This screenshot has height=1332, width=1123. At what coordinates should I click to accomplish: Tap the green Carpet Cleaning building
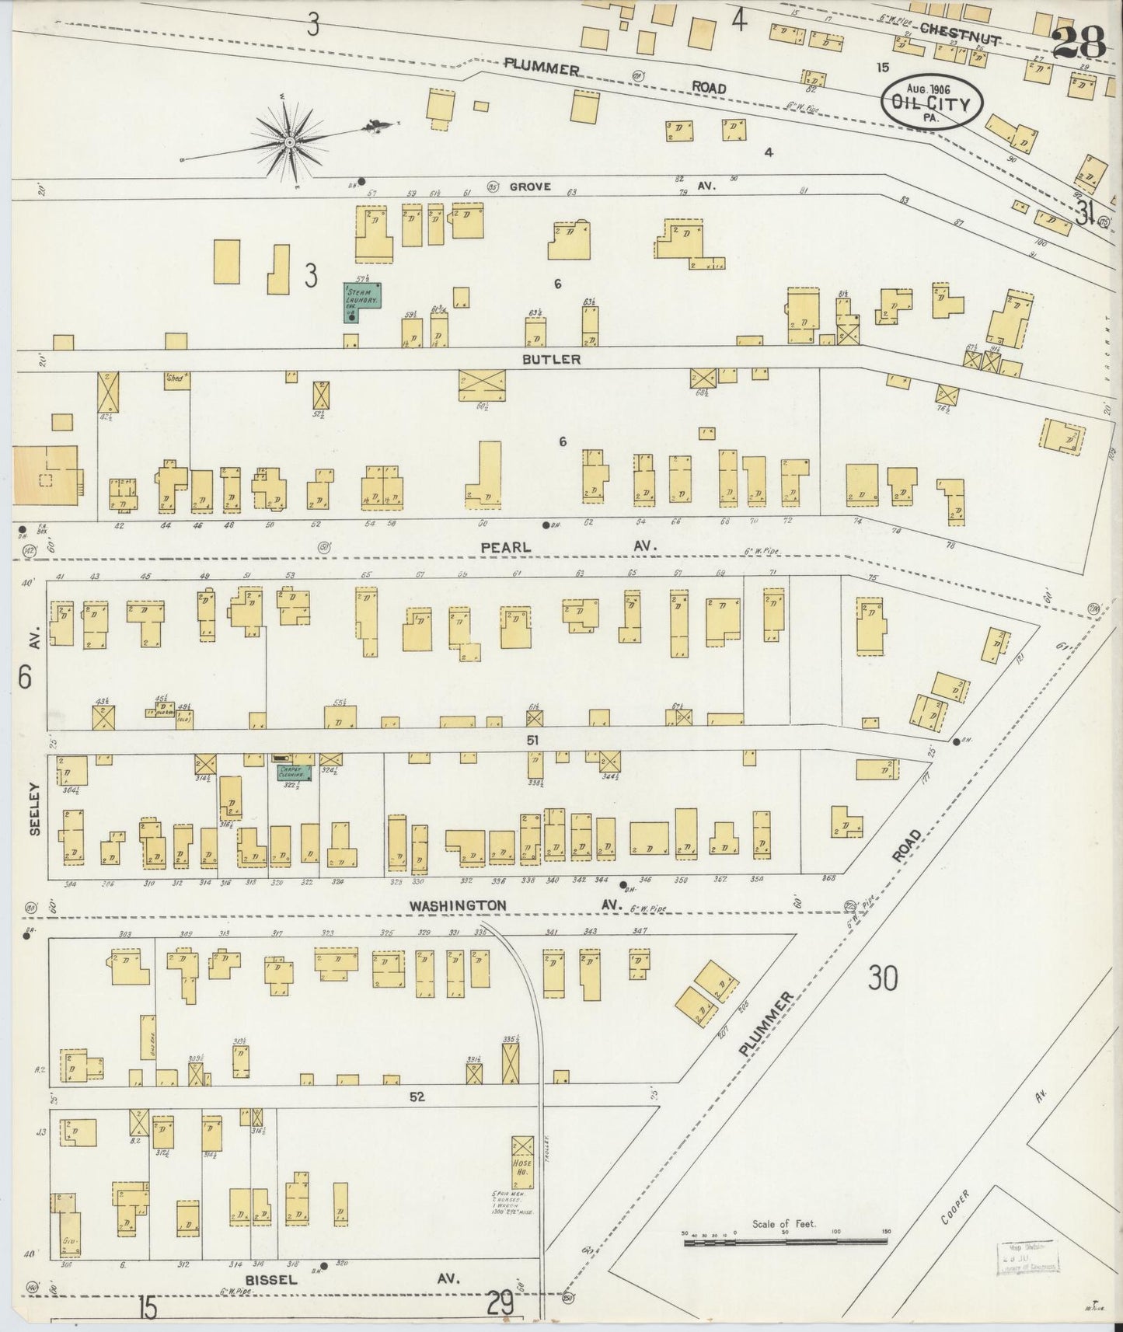pyautogui.click(x=295, y=772)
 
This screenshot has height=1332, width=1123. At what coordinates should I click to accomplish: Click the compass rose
pyautogui.click(x=289, y=142)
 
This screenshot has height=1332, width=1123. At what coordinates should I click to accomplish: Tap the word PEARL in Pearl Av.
pyautogui.click(x=505, y=547)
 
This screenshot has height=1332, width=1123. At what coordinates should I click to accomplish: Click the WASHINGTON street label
pyautogui.click(x=459, y=905)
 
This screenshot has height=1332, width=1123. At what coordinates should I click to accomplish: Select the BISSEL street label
pyautogui.click(x=272, y=1280)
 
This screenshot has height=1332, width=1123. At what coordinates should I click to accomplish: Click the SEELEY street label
pyautogui.click(x=35, y=818)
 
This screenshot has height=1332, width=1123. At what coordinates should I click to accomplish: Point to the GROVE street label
pyautogui.click(x=530, y=187)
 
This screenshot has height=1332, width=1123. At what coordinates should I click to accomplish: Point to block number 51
pyautogui.click(x=532, y=741)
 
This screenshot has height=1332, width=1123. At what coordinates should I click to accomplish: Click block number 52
pyautogui.click(x=418, y=1097)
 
